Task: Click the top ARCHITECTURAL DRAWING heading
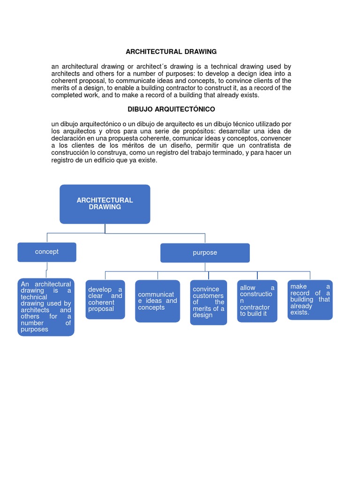(171, 52)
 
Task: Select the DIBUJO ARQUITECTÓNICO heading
(171, 109)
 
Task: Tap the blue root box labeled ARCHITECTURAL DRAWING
(105, 204)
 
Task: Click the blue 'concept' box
(47, 252)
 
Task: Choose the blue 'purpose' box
(205, 253)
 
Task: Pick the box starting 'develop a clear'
(105, 300)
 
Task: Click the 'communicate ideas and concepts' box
(157, 301)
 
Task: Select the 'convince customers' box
(209, 302)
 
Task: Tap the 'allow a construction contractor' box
(257, 301)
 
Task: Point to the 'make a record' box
(310, 300)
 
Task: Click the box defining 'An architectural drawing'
(46, 307)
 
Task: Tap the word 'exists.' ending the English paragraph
(248, 95)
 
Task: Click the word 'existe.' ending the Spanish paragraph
(147, 160)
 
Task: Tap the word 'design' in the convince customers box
(202, 315)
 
